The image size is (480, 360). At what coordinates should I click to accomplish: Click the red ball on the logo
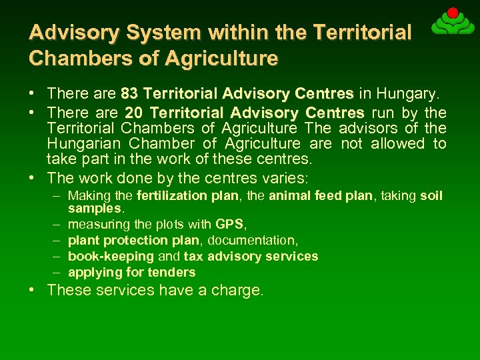click(453, 13)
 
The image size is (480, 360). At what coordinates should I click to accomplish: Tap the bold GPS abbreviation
click(229, 224)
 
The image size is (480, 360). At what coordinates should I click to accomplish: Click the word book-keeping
click(111, 256)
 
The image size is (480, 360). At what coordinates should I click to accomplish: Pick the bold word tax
click(194, 256)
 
